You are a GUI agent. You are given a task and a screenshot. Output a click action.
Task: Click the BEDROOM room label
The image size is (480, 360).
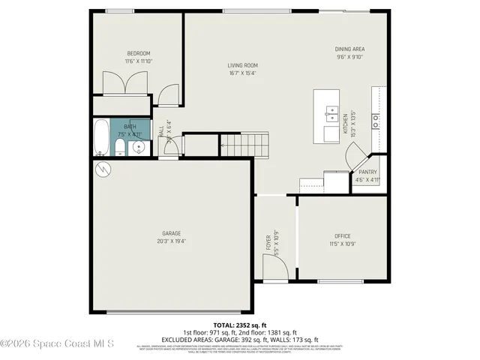139,53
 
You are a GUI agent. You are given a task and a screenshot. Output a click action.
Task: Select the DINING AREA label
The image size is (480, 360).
349,49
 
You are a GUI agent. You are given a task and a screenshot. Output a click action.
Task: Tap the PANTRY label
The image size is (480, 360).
367,172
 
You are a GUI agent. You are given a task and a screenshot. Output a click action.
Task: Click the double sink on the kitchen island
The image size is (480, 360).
331,115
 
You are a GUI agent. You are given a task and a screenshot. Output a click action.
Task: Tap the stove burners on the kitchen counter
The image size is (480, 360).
376,117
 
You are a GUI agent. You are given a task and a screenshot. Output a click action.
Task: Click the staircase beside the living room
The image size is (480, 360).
244,143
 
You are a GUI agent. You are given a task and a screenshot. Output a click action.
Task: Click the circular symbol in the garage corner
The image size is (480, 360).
103,170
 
